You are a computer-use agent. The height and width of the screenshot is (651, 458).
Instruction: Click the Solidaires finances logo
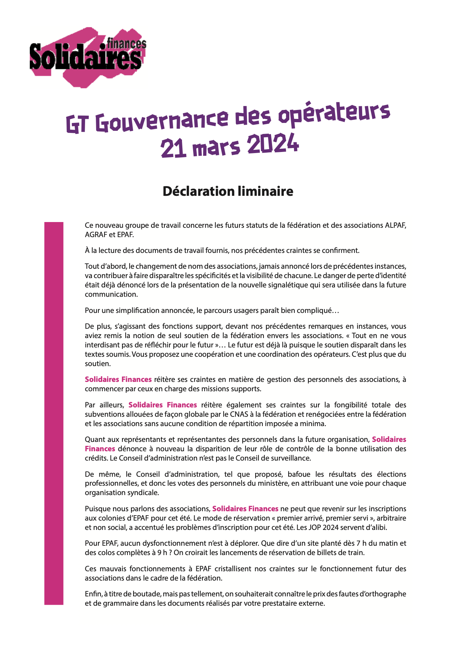point(88,57)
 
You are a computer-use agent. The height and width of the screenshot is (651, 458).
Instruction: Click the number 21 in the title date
point(173,148)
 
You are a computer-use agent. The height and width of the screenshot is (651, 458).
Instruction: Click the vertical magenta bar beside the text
point(53,413)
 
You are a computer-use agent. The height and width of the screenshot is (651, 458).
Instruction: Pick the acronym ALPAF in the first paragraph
point(396,226)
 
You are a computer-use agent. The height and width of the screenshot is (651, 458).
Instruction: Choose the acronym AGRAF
point(96,235)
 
